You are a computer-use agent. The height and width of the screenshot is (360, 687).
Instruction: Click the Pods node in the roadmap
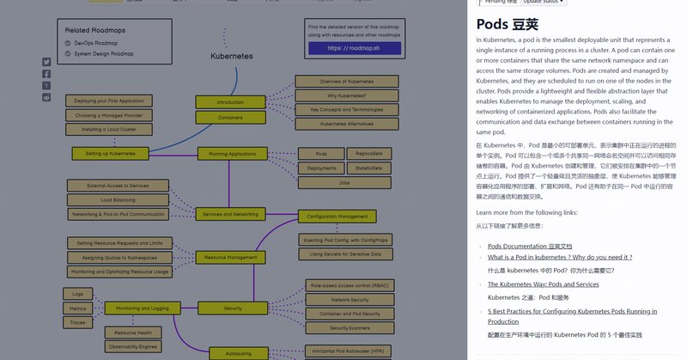[x=317, y=154]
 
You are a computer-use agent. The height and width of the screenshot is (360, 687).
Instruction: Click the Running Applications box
[x=232, y=154]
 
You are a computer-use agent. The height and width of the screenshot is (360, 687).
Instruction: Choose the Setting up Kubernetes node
[x=111, y=153]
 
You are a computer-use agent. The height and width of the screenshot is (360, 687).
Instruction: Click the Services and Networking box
[x=232, y=214]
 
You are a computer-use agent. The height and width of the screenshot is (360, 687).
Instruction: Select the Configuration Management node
[x=337, y=217]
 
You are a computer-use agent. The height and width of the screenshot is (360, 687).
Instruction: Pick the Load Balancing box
[x=118, y=199]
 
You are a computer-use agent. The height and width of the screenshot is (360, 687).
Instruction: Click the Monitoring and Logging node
[x=142, y=308]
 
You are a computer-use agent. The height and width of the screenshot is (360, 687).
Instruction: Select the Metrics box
[x=78, y=308]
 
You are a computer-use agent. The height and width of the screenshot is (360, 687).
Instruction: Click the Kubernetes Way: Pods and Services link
[x=543, y=284]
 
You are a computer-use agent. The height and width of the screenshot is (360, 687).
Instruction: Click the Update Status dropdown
[x=546, y=3]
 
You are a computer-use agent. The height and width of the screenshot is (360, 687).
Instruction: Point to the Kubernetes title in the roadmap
[x=232, y=56]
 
